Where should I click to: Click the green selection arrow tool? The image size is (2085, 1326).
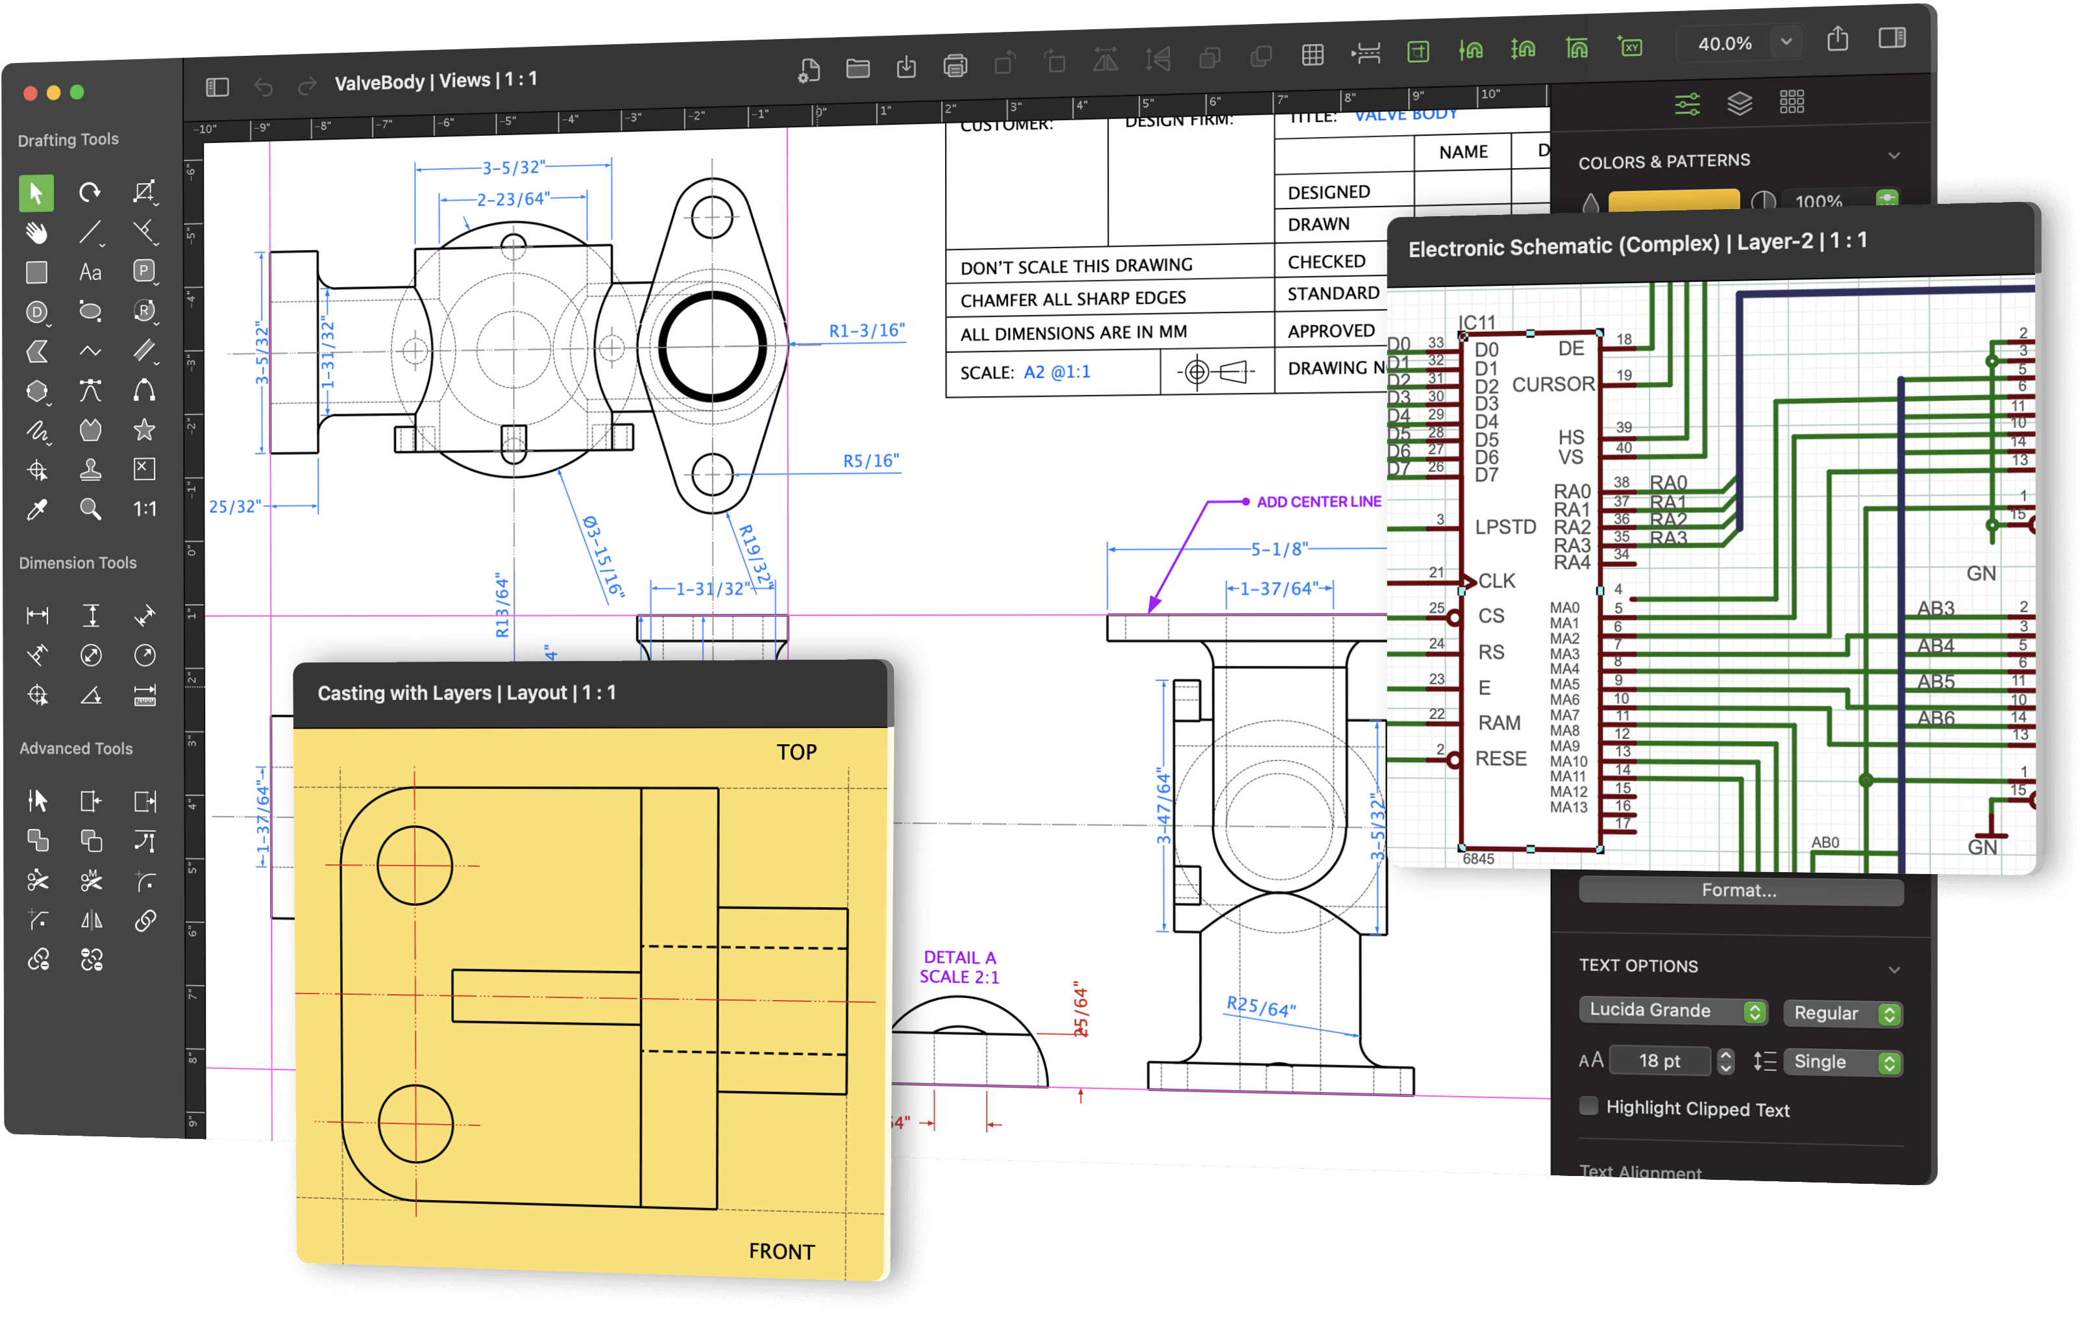[x=36, y=192]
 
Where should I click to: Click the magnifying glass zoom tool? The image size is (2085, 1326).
[x=90, y=509]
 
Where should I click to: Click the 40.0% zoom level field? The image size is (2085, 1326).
[x=1724, y=44]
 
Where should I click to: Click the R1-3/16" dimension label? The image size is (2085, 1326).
[x=866, y=331]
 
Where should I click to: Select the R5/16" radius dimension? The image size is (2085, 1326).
[x=870, y=461]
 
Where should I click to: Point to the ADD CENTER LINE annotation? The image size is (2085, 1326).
[x=1318, y=501]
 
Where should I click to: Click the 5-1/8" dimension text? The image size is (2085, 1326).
[x=1278, y=549]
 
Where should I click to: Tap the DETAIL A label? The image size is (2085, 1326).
[x=959, y=957]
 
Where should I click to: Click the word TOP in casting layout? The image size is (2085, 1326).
[x=796, y=752]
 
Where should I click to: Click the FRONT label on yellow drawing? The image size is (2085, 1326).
[x=781, y=1251]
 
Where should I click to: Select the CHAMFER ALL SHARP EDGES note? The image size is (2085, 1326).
[x=1073, y=299]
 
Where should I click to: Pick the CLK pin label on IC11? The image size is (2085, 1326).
[x=1496, y=581]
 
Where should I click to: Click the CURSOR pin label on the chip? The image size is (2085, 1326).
[x=1553, y=384]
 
